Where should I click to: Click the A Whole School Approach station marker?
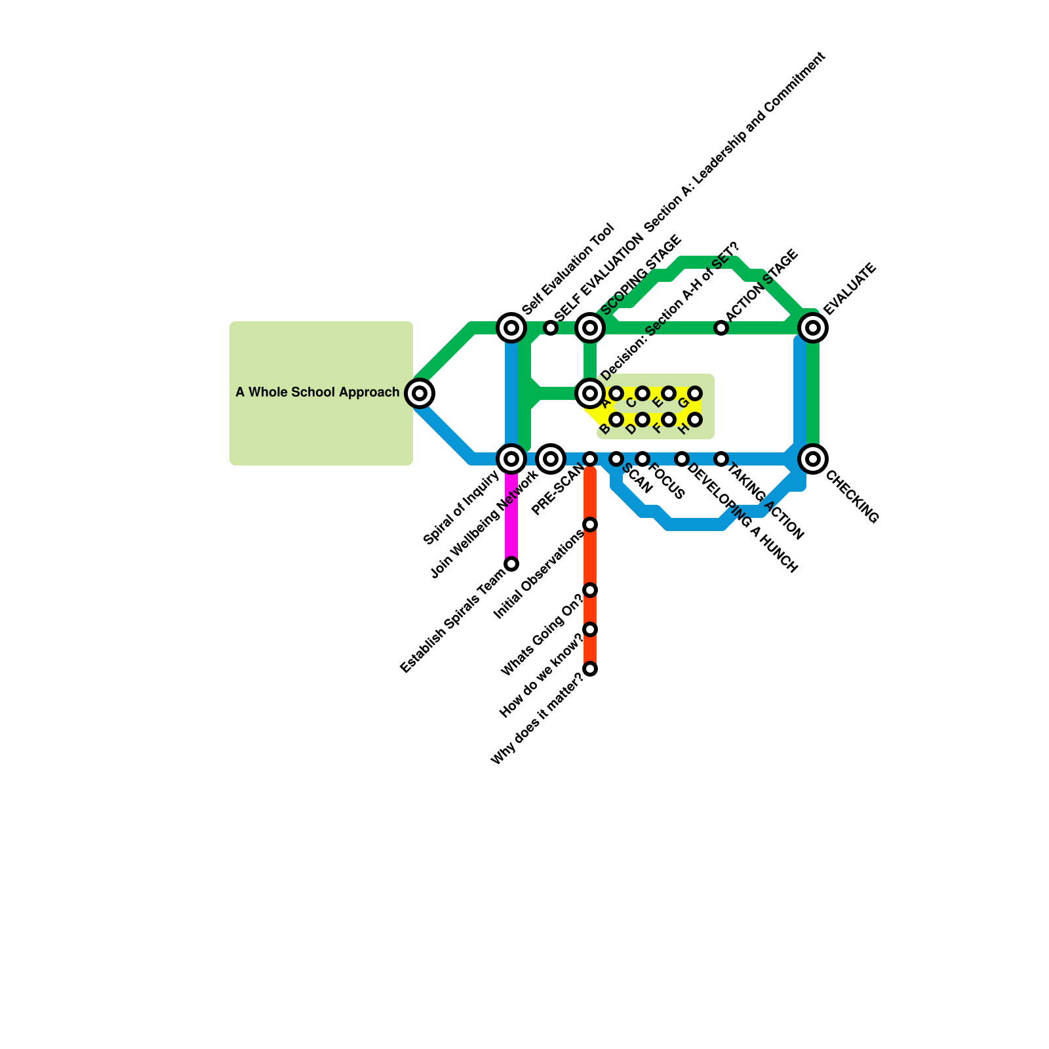[x=420, y=393]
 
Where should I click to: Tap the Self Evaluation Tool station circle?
[x=511, y=327]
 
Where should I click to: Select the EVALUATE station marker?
[x=813, y=327]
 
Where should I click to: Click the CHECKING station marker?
[x=813, y=459]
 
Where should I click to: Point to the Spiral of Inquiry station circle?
[x=511, y=459]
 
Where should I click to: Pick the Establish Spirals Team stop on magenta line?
[x=511, y=564]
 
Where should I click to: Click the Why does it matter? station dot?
[x=590, y=669]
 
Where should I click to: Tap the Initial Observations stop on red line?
[x=590, y=524]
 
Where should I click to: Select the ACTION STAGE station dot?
[x=721, y=327]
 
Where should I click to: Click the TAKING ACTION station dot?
[x=721, y=459]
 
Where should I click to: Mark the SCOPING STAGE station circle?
[x=590, y=327]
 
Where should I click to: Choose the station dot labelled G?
[x=695, y=393]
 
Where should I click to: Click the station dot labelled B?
[x=616, y=420]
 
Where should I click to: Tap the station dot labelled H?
[x=695, y=420]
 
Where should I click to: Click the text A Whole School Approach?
[x=317, y=393]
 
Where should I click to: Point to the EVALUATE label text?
[x=850, y=288]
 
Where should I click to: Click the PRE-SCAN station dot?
[x=590, y=459]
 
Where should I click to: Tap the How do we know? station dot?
[x=590, y=629]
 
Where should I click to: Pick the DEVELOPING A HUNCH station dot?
[x=682, y=459]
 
